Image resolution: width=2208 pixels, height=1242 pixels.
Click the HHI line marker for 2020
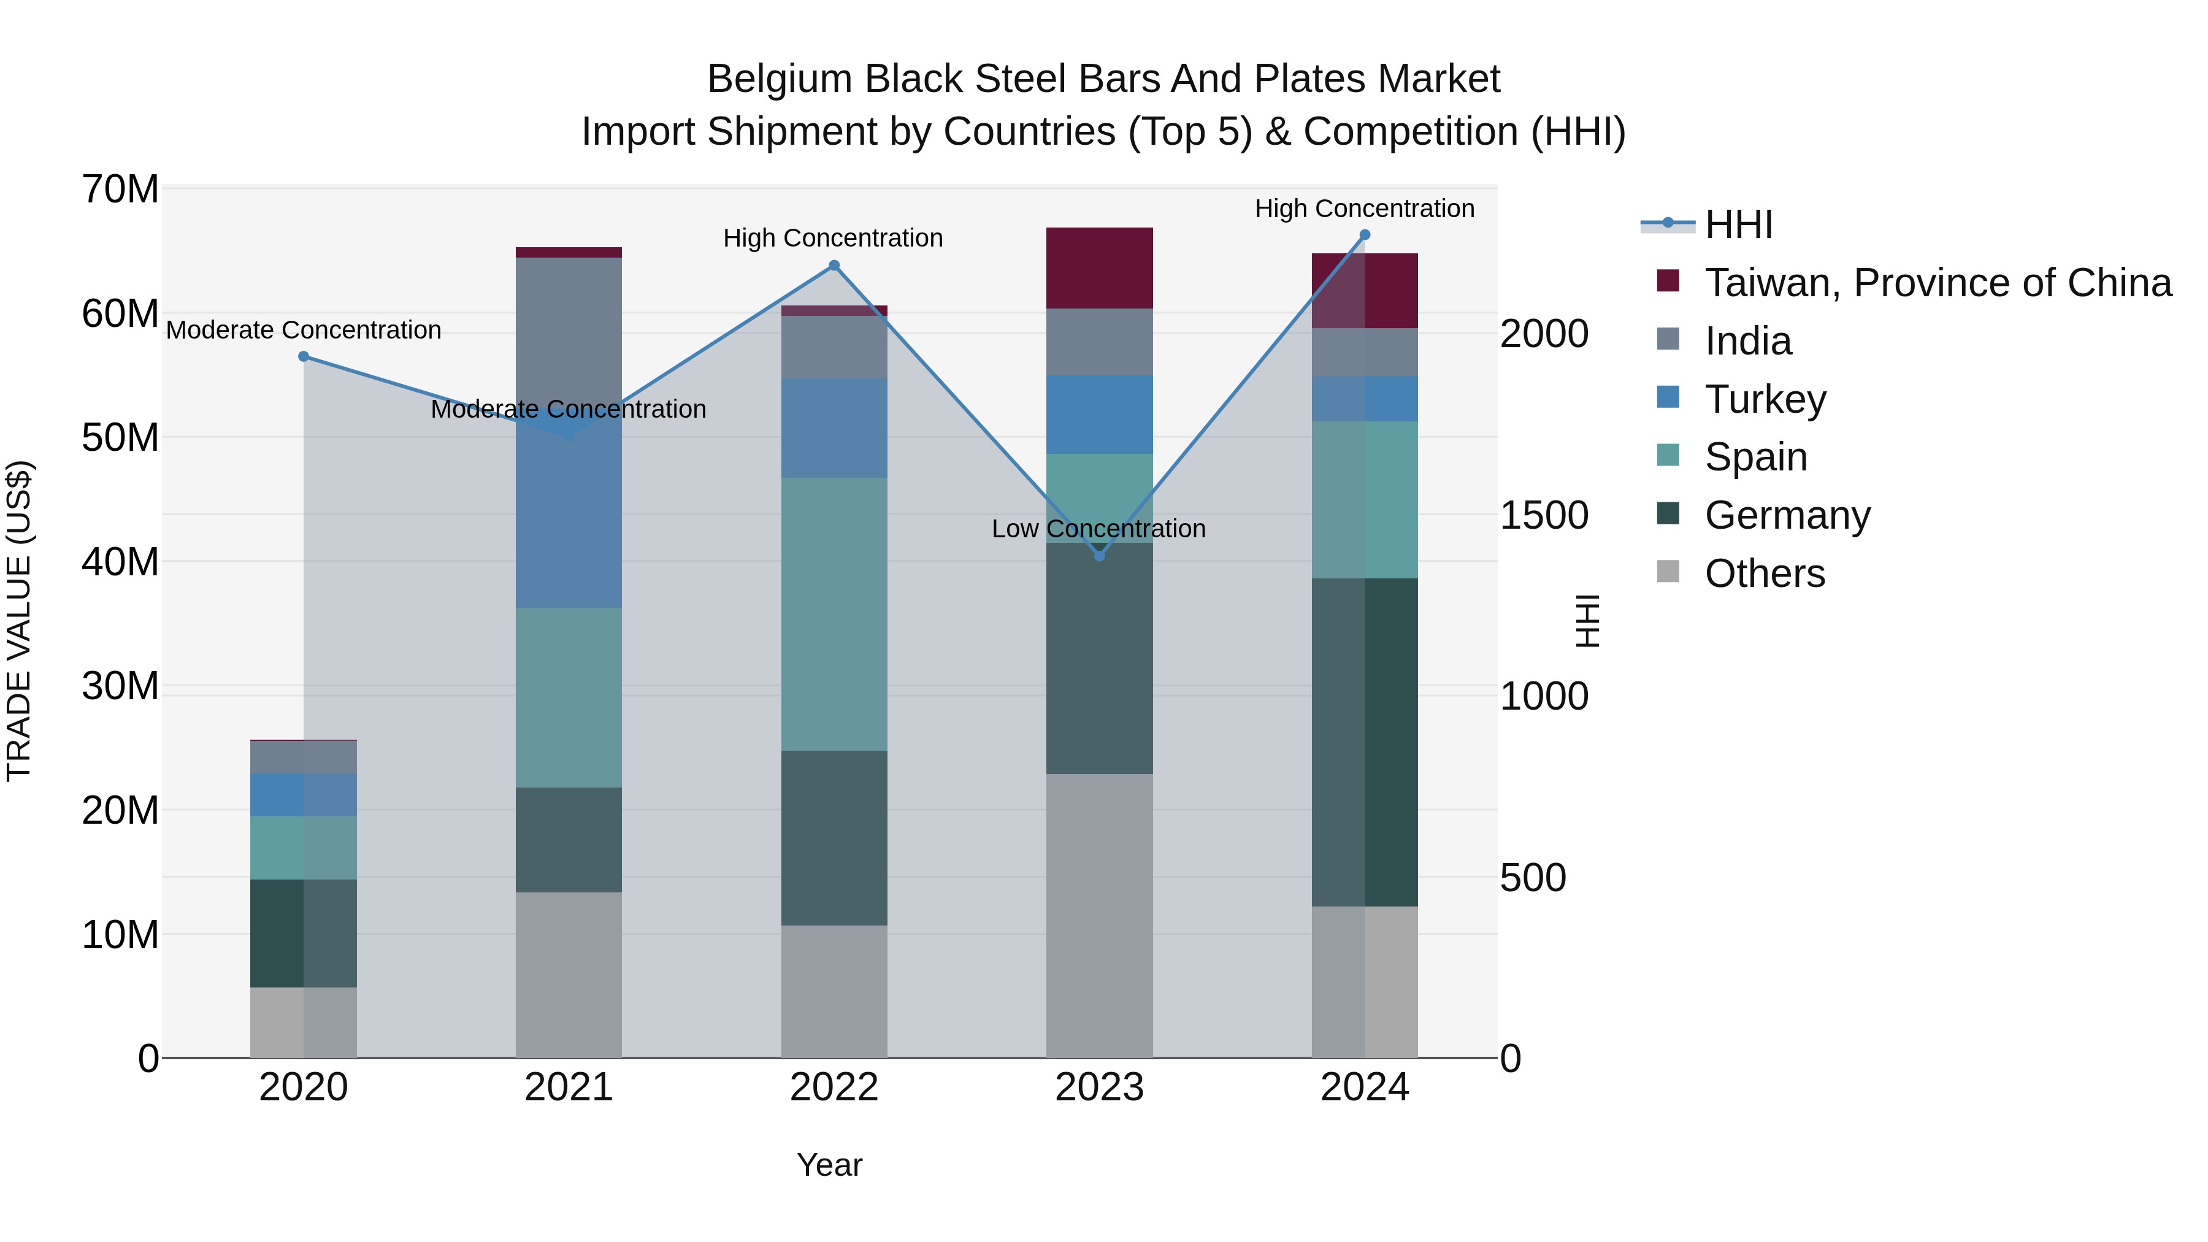304,356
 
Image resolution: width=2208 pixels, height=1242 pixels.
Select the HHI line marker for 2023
1100,556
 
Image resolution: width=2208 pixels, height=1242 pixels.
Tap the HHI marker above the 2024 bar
1365,235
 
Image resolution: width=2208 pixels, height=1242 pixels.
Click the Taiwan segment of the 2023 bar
1100,268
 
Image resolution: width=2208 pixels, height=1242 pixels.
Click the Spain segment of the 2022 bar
834,614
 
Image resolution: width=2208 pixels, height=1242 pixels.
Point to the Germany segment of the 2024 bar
1365,742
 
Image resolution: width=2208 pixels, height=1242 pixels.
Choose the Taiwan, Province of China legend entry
1937,283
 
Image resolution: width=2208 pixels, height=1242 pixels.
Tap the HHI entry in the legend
1738,224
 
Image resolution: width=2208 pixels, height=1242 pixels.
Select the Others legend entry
1764,573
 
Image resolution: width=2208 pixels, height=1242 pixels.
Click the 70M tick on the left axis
120,190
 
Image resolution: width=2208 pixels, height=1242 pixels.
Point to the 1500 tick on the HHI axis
1544,515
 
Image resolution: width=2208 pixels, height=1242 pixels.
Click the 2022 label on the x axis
834,1087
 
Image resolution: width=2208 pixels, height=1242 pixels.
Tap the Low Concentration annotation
1098,529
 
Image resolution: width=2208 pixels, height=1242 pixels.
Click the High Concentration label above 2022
832,239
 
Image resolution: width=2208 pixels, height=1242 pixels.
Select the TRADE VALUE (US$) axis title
19,621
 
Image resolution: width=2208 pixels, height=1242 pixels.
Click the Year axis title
829,1165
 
